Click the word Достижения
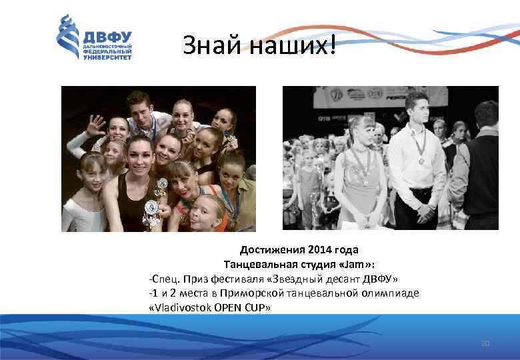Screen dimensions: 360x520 click(x=273, y=250)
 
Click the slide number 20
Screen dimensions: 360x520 click(x=485, y=343)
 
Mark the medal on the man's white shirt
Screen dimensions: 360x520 click(x=421, y=161)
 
